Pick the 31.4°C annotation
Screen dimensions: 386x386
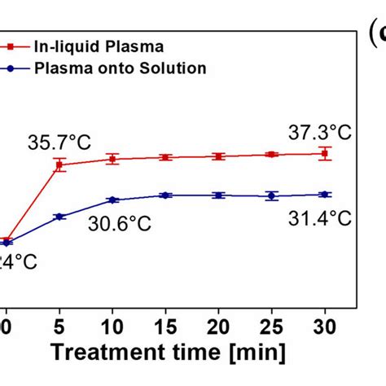point(322,217)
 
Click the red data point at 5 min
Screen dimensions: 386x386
point(59,165)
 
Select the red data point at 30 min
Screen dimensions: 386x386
point(325,153)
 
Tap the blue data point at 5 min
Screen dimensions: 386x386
point(59,217)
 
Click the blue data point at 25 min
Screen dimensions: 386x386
point(272,195)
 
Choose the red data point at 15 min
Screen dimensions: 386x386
point(165,157)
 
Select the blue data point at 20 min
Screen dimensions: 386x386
point(218,195)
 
